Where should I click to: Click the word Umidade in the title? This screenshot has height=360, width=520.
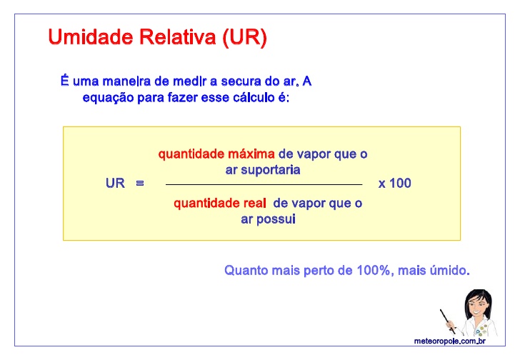tap(91, 37)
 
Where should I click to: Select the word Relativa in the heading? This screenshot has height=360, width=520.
tap(177, 37)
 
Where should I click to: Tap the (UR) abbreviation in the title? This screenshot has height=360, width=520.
tap(245, 37)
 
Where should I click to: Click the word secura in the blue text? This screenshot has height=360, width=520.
tap(241, 81)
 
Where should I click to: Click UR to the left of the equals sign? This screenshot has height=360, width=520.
tap(115, 184)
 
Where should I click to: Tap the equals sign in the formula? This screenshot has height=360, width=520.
tap(140, 184)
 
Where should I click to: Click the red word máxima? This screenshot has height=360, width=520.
tap(251, 154)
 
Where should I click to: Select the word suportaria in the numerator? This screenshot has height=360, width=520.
tap(270, 171)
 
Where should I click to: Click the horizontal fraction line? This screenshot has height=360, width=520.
tap(264, 184)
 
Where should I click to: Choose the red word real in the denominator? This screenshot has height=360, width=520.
tap(255, 203)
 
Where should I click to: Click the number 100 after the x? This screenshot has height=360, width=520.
tap(400, 184)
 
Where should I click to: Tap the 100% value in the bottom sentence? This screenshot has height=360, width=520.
tap(374, 271)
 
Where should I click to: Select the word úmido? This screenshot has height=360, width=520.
tap(450, 271)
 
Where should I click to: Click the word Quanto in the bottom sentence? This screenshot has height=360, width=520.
tap(246, 271)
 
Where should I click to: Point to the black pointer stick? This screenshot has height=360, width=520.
tap(447, 320)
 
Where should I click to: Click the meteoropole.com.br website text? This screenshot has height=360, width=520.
tap(450, 341)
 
